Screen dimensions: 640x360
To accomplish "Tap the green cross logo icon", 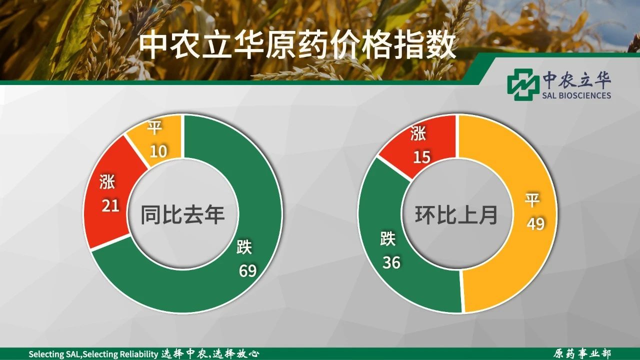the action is (x=521, y=84).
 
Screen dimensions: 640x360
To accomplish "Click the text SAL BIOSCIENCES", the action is (x=576, y=95).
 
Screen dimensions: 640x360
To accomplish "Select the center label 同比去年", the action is (x=182, y=214).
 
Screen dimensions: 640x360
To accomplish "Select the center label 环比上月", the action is (x=456, y=214).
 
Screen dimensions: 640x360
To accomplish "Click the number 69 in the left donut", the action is (x=247, y=270).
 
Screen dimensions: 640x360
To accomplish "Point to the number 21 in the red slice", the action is (x=110, y=205).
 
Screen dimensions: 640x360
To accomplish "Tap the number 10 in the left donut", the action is (x=158, y=151).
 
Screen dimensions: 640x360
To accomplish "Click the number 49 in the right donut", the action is (x=535, y=223).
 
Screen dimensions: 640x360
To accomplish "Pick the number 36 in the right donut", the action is (x=391, y=262).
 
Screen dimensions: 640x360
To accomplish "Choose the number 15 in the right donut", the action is (x=421, y=157).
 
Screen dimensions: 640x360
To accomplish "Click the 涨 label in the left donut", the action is (x=107, y=181).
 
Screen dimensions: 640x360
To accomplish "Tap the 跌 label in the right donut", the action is (x=388, y=238).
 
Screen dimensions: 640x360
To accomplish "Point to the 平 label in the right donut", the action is (x=532, y=200).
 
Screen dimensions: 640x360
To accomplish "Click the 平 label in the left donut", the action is (x=155, y=127).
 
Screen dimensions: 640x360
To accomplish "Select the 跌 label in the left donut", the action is (x=244, y=247).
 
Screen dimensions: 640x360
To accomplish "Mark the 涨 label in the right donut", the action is (x=418, y=133).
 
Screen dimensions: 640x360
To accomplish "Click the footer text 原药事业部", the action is (x=581, y=353).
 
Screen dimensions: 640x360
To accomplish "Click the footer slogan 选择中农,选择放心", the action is (x=210, y=353).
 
